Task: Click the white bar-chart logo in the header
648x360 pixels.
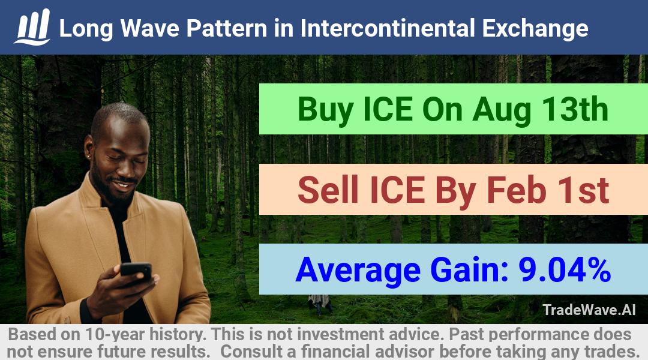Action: pyautogui.click(x=32, y=27)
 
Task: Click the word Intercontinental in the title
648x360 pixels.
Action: pyautogui.click(x=388, y=28)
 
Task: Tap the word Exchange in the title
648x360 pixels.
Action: pyautogui.click(x=535, y=29)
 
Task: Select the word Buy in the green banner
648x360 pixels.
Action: pyautogui.click(x=326, y=110)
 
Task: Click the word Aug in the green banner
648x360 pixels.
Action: pyautogui.click(x=502, y=111)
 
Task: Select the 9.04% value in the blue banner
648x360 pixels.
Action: pyautogui.click(x=565, y=269)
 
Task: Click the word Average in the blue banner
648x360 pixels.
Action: pyautogui.click(x=358, y=271)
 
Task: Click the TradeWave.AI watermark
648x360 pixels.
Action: pyautogui.click(x=589, y=310)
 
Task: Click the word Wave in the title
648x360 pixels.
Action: pyautogui.click(x=149, y=29)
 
